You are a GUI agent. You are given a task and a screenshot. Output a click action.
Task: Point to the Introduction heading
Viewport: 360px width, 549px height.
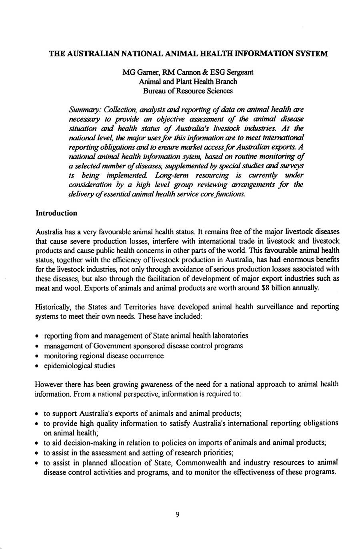(x=56, y=213)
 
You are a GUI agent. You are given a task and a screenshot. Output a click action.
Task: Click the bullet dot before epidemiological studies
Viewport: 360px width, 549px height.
(x=38, y=366)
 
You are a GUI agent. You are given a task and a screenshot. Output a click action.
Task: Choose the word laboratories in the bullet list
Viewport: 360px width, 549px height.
(x=230, y=335)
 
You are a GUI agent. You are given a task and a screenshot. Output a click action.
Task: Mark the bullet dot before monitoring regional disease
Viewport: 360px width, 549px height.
(x=38, y=356)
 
